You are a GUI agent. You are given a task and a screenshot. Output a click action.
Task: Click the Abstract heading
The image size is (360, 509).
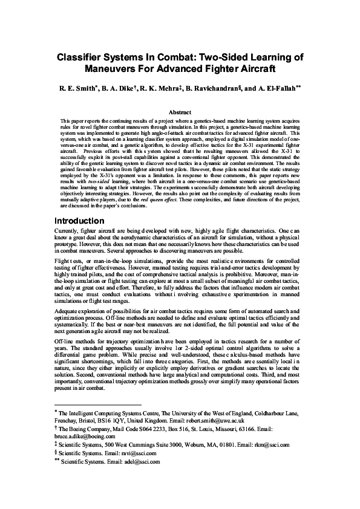coord(180,112)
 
